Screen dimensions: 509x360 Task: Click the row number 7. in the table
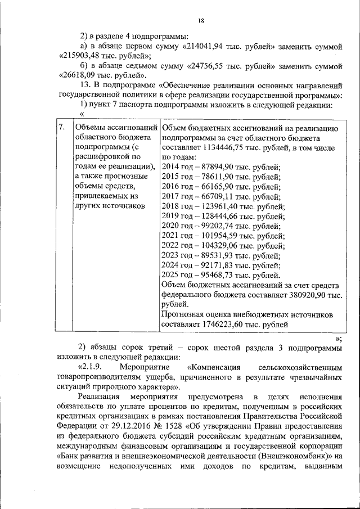(x=63, y=128)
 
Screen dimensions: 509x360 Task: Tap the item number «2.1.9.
(x=93, y=367)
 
